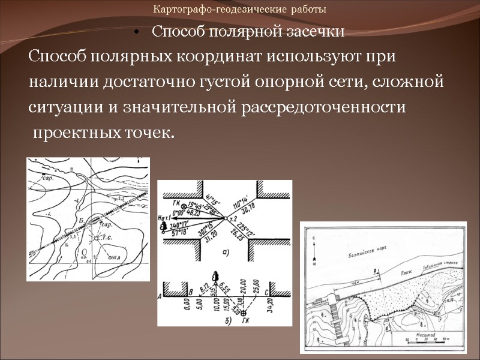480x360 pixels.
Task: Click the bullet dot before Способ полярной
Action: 138,32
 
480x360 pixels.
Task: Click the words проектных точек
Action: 103,132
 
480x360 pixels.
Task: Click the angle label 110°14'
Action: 247,202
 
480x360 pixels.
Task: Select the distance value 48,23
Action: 194,213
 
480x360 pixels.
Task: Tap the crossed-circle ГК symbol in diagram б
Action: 243,313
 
